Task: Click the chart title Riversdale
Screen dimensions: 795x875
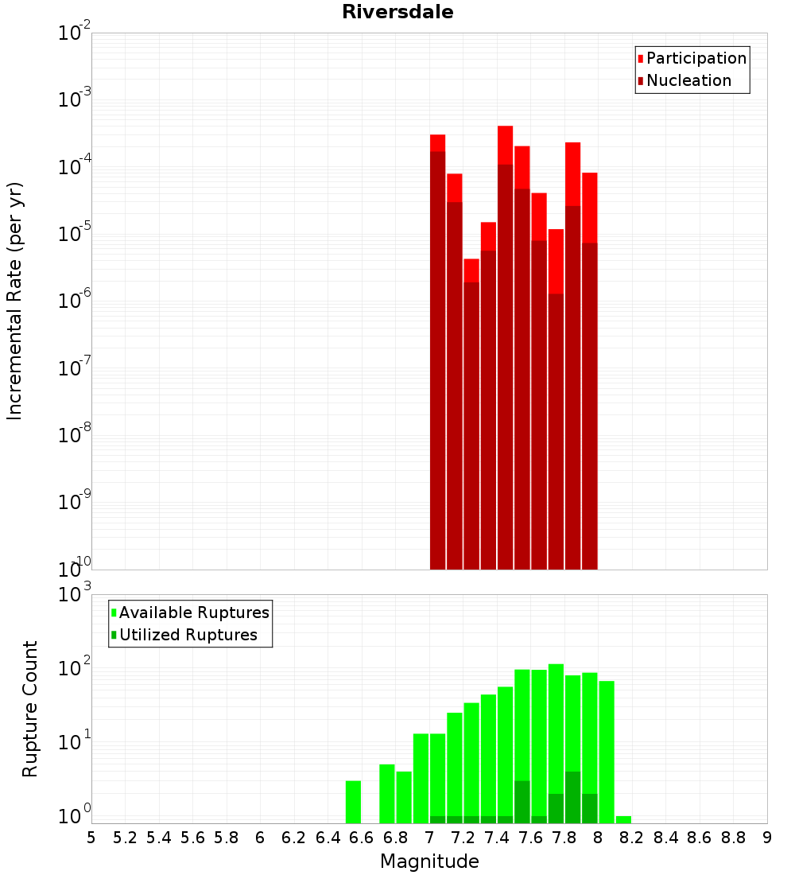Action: click(x=397, y=12)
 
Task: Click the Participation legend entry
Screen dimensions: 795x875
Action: click(x=692, y=58)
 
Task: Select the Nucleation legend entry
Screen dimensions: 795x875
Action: click(x=684, y=80)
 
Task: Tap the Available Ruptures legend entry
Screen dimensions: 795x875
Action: click(x=190, y=612)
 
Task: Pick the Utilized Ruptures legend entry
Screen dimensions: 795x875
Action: click(x=184, y=635)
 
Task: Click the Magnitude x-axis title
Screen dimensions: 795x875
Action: click(x=429, y=861)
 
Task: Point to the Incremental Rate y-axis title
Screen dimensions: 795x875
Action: click(x=14, y=301)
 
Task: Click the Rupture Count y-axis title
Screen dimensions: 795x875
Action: click(x=29, y=710)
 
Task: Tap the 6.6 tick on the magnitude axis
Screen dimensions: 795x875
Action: click(x=361, y=838)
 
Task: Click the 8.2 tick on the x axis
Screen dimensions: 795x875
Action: click(x=631, y=838)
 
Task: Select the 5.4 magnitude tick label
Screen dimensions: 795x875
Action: click(x=159, y=838)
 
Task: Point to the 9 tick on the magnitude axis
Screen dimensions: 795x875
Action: click(x=767, y=838)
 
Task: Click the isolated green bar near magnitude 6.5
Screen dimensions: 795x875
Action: click(x=353, y=802)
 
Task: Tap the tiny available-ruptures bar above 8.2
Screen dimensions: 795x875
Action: click(x=623, y=820)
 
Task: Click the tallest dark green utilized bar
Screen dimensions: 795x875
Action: click(x=572, y=797)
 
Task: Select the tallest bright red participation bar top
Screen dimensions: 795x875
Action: click(x=505, y=145)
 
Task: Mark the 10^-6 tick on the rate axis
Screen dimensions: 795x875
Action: click(x=74, y=300)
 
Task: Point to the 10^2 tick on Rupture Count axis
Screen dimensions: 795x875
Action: click(x=74, y=667)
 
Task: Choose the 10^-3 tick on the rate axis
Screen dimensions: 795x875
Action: click(x=74, y=98)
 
